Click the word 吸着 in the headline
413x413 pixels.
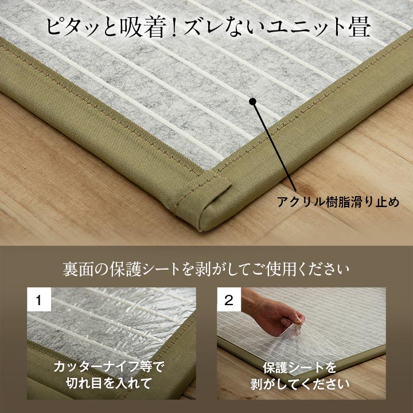[143, 26]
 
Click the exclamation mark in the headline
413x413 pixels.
[173, 27]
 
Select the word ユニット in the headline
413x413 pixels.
[306, 27]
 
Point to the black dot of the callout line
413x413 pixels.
[252, 102]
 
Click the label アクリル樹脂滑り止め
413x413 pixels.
[338, 202]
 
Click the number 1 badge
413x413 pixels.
[39, 299]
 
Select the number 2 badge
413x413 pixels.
[229, 299]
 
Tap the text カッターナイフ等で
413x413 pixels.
[109, 367]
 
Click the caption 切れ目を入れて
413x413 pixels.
[109, 383]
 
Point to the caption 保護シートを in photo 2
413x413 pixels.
[299, 368]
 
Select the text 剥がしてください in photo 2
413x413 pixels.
[300, 384]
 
